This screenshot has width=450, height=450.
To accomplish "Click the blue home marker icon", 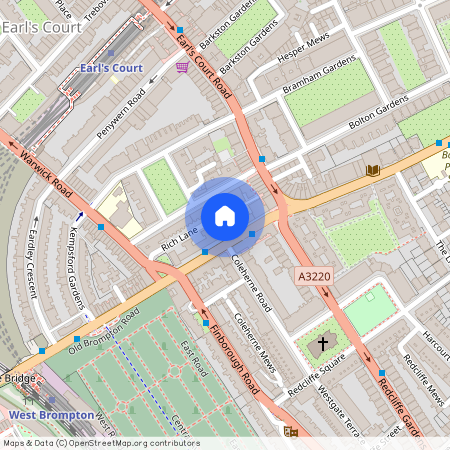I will click(x=225, y=216).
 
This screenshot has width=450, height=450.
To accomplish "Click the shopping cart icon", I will click(x=182, y=67).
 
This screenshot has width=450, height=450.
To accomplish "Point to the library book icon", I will click(x=373, y=171).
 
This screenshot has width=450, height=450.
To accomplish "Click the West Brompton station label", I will click(x=51, y=415).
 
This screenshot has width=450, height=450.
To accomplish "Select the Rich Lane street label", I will click(x=180, y=236).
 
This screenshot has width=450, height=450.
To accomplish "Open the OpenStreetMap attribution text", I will click(x=101, y=443).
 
